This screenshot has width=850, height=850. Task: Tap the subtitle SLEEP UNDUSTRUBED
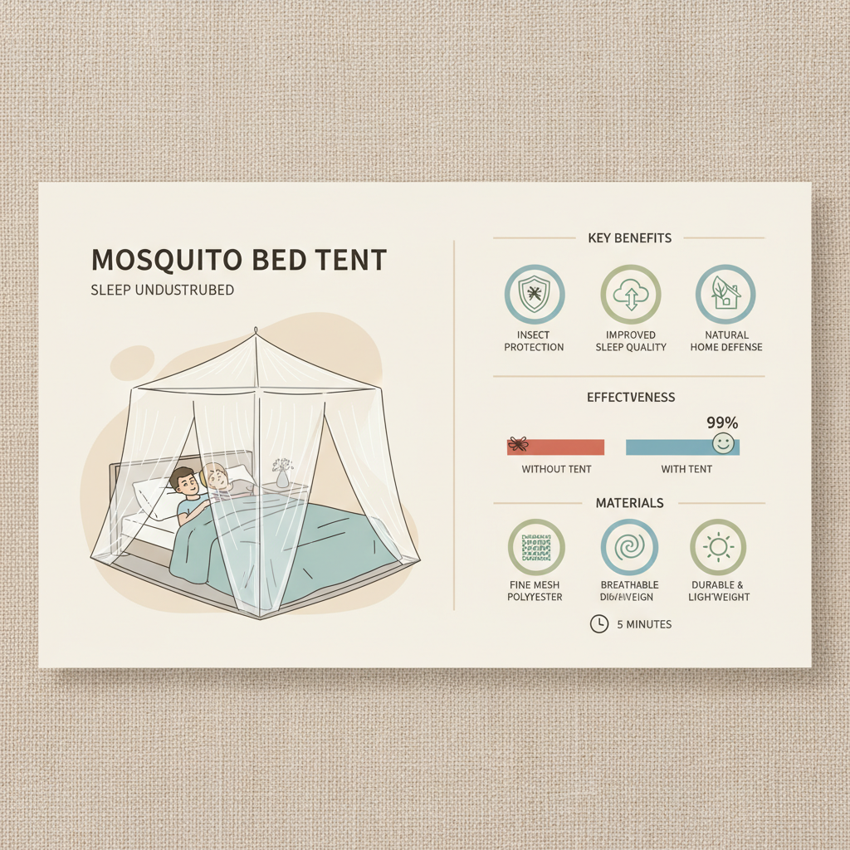[x=162, y=291]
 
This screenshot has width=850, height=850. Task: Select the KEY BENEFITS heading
[x=629, y=238]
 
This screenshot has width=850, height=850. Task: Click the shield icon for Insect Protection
[x=534, y=293]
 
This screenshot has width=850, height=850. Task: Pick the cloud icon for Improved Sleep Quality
[x=631, y=293]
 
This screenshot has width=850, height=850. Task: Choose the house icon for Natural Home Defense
[x=725, y=293]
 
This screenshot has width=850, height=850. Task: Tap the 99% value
[x=722, y=423]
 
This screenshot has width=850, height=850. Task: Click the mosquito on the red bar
[x=519, y=445]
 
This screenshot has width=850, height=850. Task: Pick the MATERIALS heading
[x=629, y=503]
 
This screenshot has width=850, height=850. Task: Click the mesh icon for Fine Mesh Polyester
[x=535, y=547]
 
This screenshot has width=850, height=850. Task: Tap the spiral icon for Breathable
[x=629, y=547]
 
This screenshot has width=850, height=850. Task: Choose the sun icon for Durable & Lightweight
[x=718, y=547]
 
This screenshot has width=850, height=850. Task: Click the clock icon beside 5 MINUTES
[x=598, y=624]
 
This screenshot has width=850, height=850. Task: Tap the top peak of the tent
[x=256, y=335]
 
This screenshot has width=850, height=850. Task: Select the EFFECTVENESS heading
[x=630, y=398]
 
